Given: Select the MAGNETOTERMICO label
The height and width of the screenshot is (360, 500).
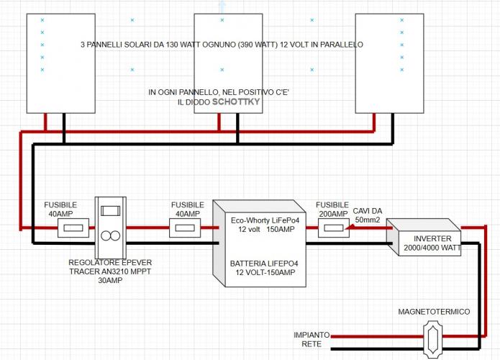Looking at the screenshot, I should pyautogui.click(x=434, y=311).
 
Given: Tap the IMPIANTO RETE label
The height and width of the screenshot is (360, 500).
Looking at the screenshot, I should pyautogui.click(x=312, y=340).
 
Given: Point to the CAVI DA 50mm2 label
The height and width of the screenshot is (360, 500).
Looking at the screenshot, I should pyautogui.click(x=368, y=215).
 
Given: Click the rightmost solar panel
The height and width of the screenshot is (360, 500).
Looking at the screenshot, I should pyautogui.click(x=389, y=63).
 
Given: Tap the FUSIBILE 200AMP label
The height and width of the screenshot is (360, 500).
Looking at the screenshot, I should pyautogui.click(x=332, y=210).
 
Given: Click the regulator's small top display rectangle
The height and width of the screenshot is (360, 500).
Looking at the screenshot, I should pyautogui.click(x=111, y=210).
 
